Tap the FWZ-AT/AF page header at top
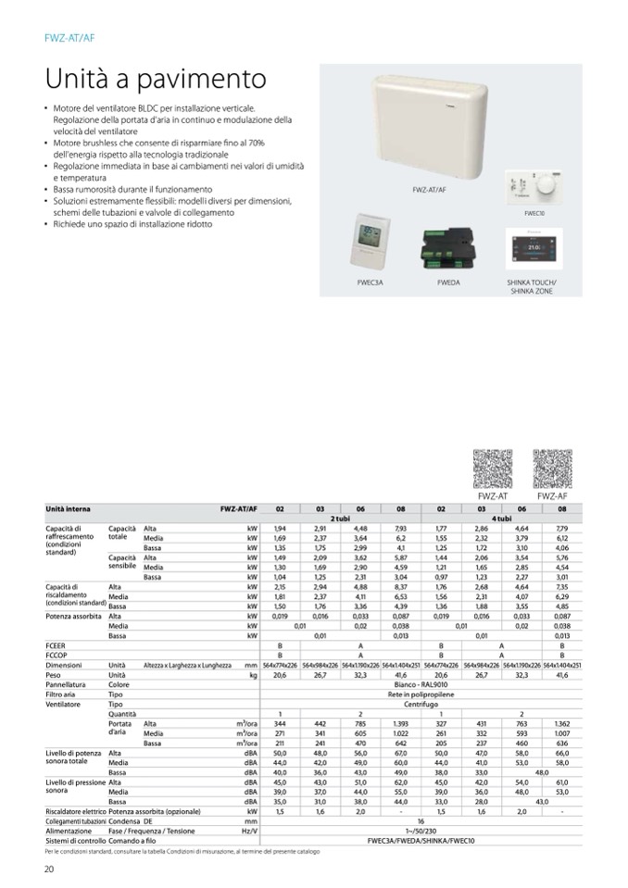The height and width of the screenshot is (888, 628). tap(69, 37)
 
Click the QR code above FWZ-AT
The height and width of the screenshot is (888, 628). tap(493, 469)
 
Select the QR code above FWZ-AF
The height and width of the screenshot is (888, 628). tap(553, 469)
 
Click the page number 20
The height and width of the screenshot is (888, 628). tap(50, 868)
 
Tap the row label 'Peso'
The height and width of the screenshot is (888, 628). tap(54, 676)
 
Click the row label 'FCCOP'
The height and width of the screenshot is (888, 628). tap(57, 657)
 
